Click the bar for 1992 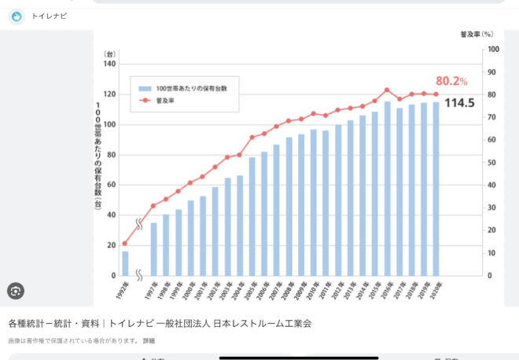pyautogui.click(x=125, y=263)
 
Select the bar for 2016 pyautogui.click(x=387, y=189)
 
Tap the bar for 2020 pyautogui.click(x=436, y=189)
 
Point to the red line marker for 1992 pyautogui.click(x=125, y=244)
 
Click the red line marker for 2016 pyautogui.click(x=387, y=90)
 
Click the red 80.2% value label pyautogui.click(x=451, y=81)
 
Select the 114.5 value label pyautogui.click(x=459, y=103)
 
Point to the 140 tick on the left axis pyautogui.click(x=109, y=64)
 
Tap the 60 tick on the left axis pyautogui.click(x=111, y=185)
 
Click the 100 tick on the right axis pyautogui.click(x=493, y=50)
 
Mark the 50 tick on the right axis pyautogui.click(x=491, y=163)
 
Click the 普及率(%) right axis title pyautogui.click(x=477, y=35)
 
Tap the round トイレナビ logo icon pyautogui.click(x=16, y=16)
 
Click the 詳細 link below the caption pyautogui.click(x=149, y=340)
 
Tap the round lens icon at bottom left pyautogui.click(x=15, y=292)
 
